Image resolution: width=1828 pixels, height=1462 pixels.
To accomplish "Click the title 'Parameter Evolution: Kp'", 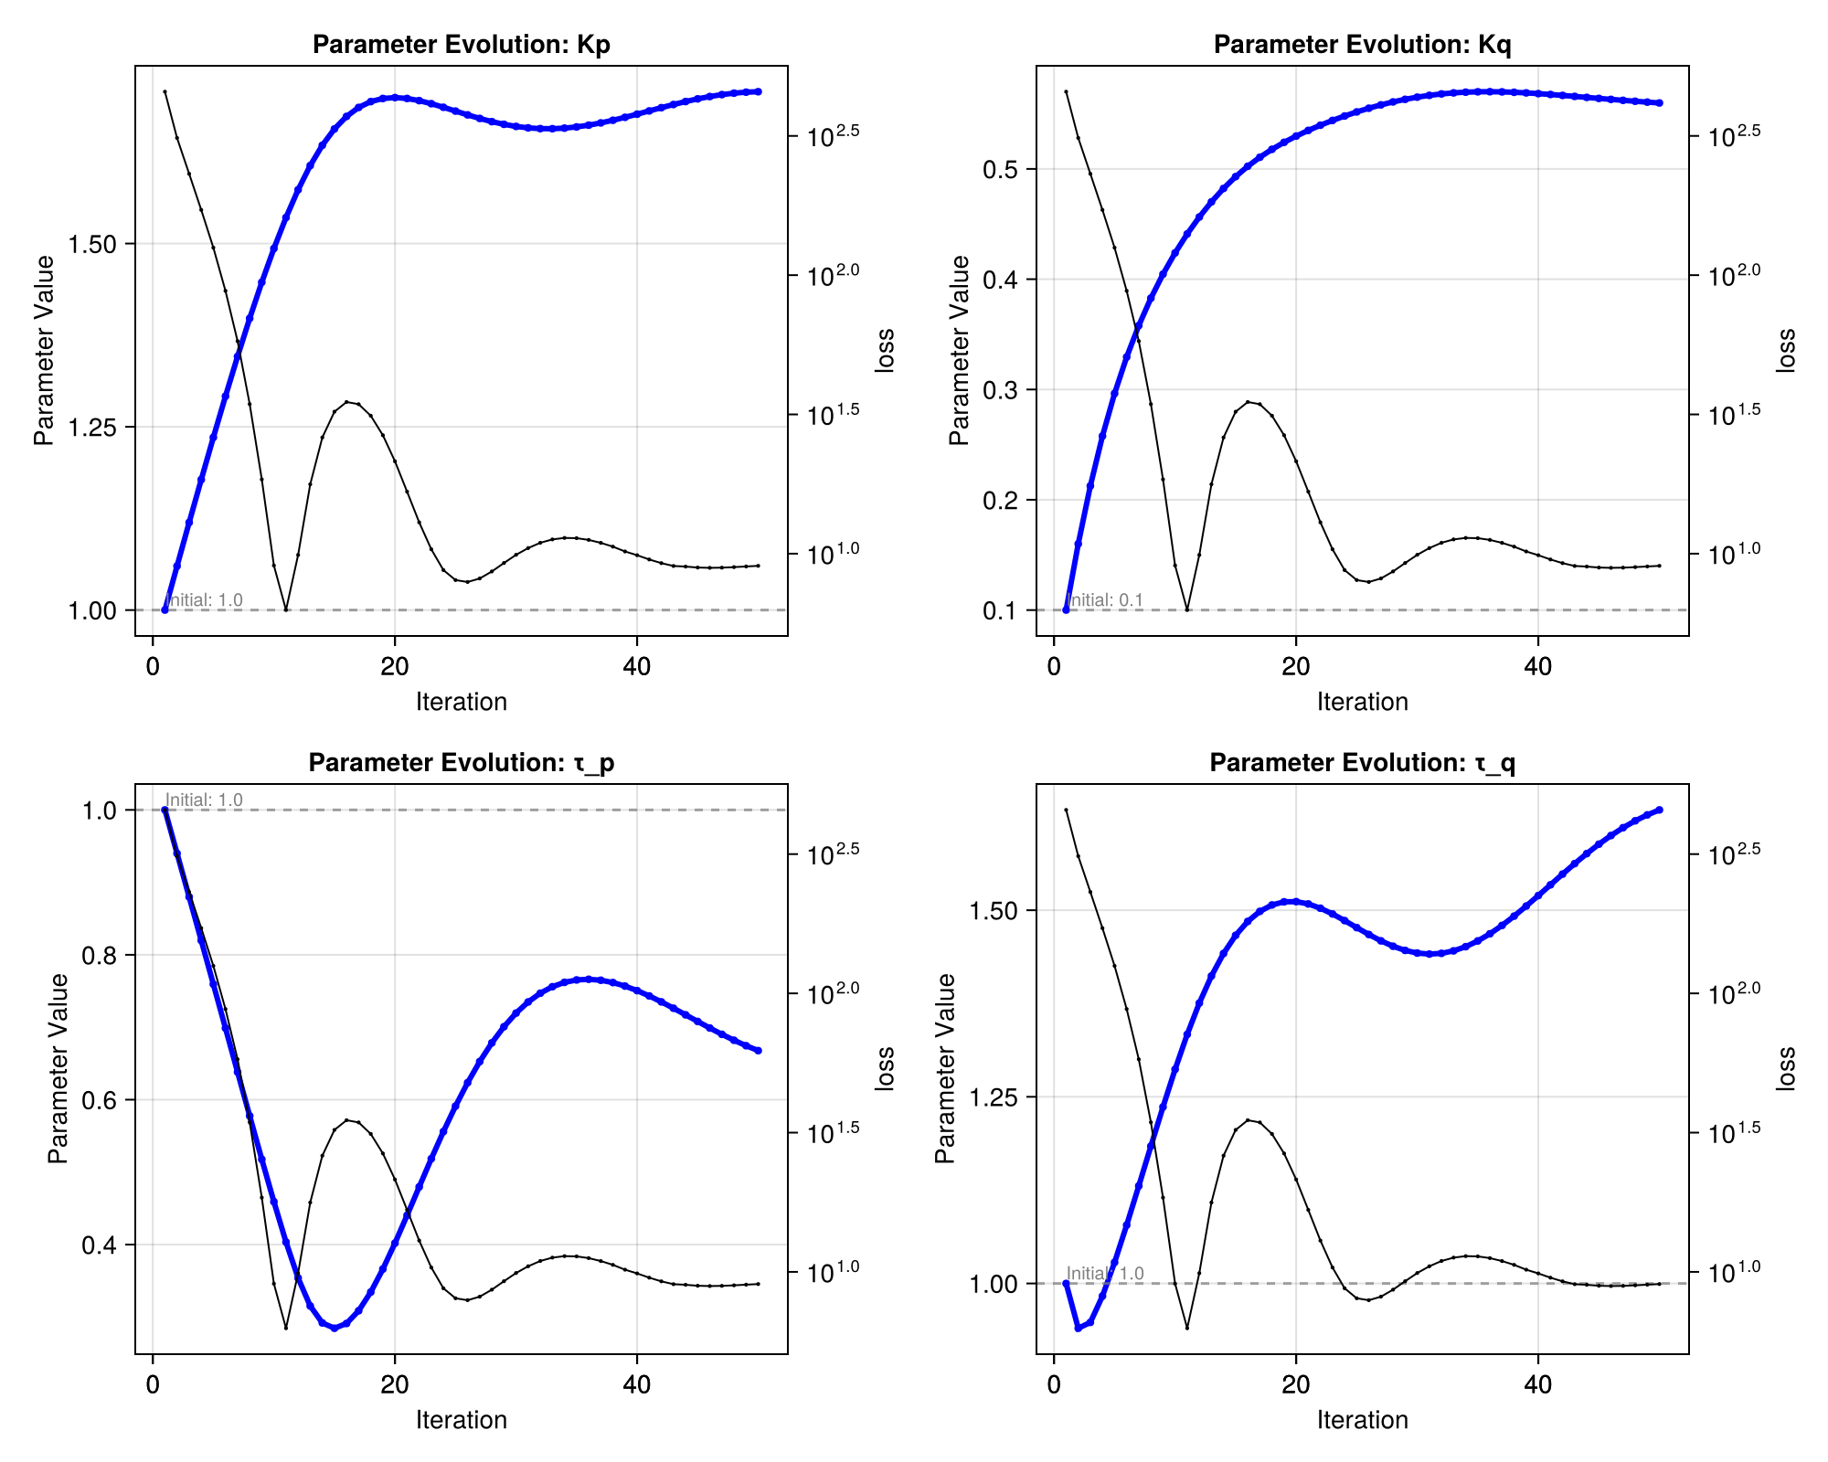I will coord(461,45).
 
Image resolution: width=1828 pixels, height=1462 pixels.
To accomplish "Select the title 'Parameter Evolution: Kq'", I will coord(1362,45).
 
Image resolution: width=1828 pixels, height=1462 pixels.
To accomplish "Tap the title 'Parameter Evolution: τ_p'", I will coord(461,763).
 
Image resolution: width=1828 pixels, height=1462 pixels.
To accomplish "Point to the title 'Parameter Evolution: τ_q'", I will coord(1362,763).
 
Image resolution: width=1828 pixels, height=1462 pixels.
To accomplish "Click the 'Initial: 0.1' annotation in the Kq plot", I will coord(1105,600).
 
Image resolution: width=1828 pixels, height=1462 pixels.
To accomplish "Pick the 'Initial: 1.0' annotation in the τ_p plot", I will coord(204,800).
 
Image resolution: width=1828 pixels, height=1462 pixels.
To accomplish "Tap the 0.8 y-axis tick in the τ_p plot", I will coord(103,955).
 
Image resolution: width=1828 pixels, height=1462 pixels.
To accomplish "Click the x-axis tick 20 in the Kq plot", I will coord(1296,666).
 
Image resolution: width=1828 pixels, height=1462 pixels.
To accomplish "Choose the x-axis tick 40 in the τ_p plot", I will coord(637,1384).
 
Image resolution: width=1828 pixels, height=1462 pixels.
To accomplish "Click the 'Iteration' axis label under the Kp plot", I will coord(461,702).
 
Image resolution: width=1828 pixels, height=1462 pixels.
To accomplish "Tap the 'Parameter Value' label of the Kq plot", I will coord(958,351).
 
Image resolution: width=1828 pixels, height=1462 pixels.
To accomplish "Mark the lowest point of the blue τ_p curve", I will coord(335,1328).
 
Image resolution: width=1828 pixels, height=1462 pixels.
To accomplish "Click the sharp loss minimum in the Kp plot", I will coord(286,609).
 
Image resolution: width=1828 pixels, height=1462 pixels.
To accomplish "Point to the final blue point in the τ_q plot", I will coord(1660,810).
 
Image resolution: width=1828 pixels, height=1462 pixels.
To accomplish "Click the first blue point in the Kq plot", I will coord(1066,609).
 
